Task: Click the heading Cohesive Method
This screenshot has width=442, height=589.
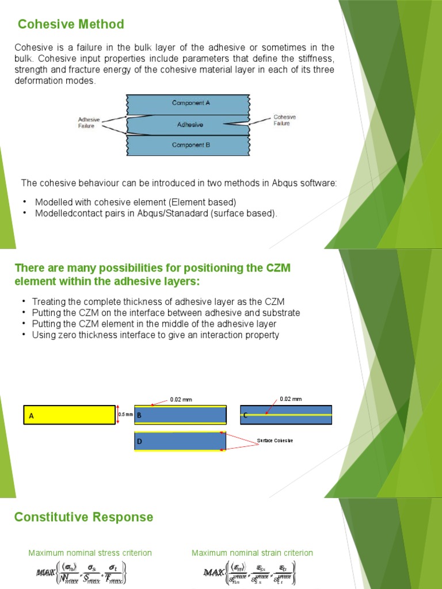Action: [71, 24]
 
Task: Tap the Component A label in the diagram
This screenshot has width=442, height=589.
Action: [191, 103]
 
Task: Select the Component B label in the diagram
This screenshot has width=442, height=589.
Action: [191, 145]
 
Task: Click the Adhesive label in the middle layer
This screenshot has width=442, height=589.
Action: [190, 124]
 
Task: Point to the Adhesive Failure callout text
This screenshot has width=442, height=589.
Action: [89, 123]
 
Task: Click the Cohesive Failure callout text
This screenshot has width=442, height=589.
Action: [285, 120]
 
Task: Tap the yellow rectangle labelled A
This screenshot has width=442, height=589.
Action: [69, 415]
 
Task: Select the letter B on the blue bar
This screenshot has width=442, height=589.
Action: [139, 415]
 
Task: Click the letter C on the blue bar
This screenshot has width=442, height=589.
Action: [245, 415]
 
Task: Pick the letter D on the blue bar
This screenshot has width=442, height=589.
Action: [139, 441]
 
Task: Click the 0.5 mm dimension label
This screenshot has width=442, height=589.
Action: [125, 414]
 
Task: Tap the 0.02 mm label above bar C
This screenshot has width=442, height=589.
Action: [290, 399]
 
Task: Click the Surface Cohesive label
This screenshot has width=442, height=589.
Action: [275, 441]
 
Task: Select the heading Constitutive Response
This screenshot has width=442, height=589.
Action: [83, 517]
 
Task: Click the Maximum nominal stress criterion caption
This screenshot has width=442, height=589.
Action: [90, 553]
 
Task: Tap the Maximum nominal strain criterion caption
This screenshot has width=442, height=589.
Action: [252, 553]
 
